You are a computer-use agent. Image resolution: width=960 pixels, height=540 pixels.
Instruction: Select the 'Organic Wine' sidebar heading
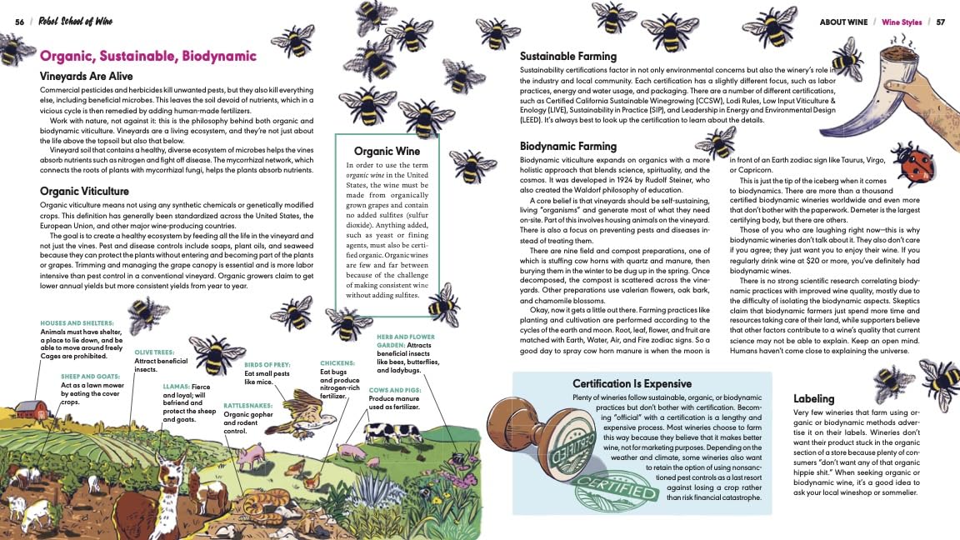[x=387, y=151]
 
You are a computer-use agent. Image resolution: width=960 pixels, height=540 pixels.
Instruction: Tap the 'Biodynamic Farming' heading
[x=568, y=147]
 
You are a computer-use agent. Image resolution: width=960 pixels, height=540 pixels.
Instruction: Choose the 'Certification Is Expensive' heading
[x=632, y=383]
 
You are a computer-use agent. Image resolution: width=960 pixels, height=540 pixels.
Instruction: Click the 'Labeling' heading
[x=814, y=398]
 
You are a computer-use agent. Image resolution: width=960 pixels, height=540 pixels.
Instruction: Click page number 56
[x=19, y=21]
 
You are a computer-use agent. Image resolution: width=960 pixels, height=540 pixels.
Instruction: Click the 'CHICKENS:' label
[x=338, y=363]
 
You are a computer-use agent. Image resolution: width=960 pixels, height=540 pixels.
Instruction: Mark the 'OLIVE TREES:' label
[x=154, y=352]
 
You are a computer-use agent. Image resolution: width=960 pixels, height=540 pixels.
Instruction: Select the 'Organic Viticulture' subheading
[x=84, y=191]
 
